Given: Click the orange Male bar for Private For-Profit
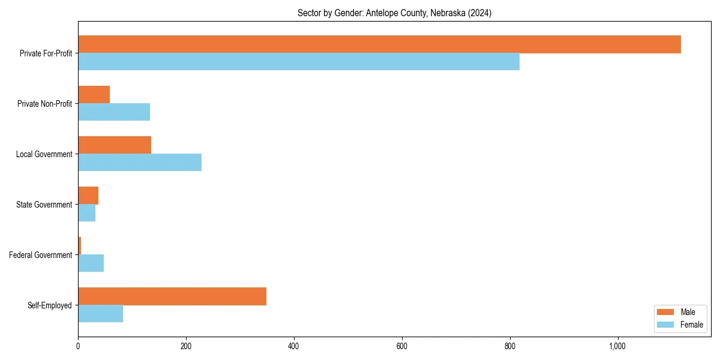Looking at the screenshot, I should click(379, 44).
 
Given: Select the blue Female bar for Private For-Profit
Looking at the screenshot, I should click(299, 62).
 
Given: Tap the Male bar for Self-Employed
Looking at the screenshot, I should click(172, 296).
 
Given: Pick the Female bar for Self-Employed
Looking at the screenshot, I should click(100, 314).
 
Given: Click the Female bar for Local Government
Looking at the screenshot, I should click(140, 163).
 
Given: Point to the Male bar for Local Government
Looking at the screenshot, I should click(115, 145).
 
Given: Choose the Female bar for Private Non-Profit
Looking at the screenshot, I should click(114, 112).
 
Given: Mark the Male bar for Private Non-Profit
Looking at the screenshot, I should click(94, 95).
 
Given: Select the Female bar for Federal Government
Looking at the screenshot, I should click(91, 263).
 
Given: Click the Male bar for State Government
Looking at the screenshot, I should click(88, 196).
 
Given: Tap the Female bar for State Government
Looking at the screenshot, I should click(86, 213).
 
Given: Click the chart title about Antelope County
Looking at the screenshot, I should click(394, 13).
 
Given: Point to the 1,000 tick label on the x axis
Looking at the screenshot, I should click(617, 346).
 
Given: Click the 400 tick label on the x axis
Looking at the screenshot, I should click(294, 346).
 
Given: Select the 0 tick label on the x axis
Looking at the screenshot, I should click(78, 346).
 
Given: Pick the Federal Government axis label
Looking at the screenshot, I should click(41, 255).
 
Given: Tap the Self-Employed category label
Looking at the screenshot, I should click(50, 305).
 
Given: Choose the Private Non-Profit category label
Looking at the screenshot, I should click(44, 104).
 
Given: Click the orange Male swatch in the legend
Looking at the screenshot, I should click(666, 312).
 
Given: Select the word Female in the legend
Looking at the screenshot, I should click(691, 325).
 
